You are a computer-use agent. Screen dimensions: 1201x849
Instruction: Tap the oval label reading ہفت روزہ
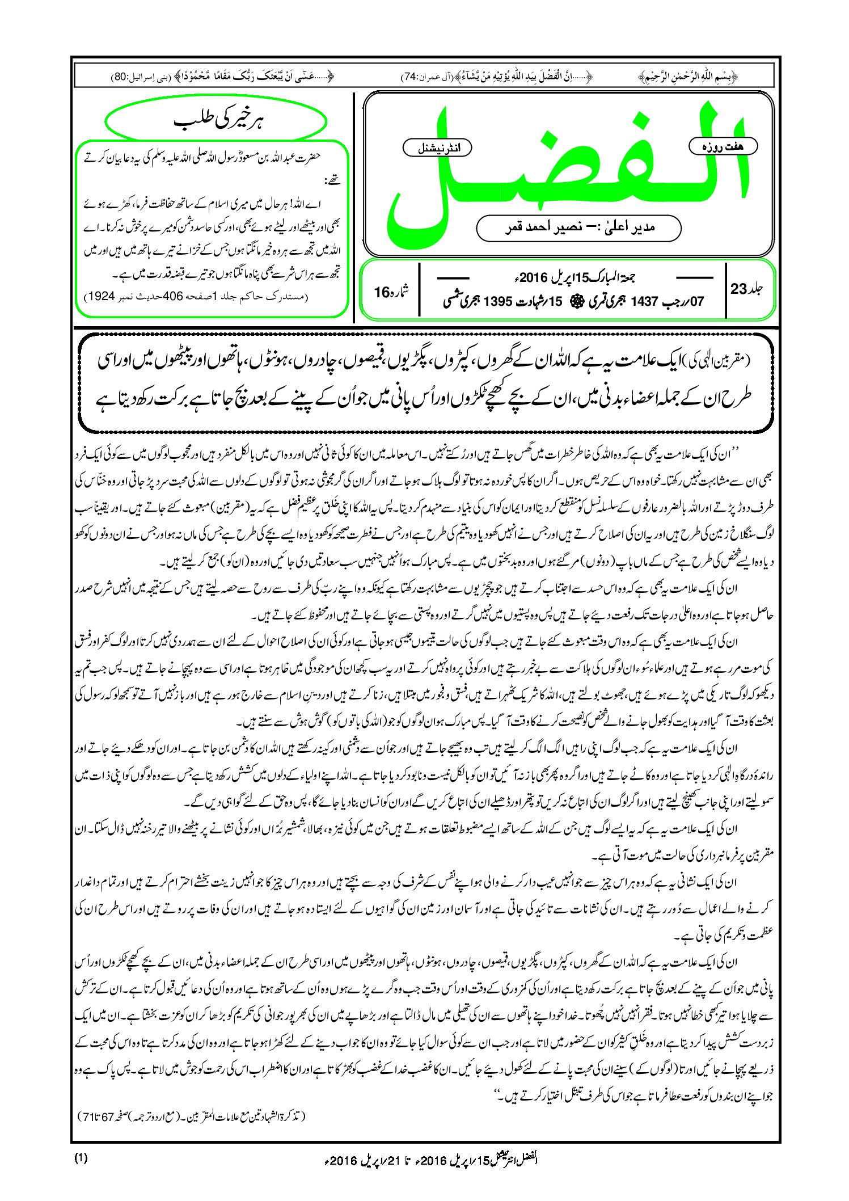pos(723,146)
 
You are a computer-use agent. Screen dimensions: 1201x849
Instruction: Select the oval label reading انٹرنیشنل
pos(437,148)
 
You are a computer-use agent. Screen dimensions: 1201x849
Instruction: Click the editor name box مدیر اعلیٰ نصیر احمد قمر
pos(579,227)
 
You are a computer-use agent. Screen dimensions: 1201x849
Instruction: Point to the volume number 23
pos(739,289)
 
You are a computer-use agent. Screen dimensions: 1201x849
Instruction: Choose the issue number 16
pos(383,292)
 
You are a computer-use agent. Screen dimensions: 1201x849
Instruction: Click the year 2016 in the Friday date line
pos(533,279)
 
